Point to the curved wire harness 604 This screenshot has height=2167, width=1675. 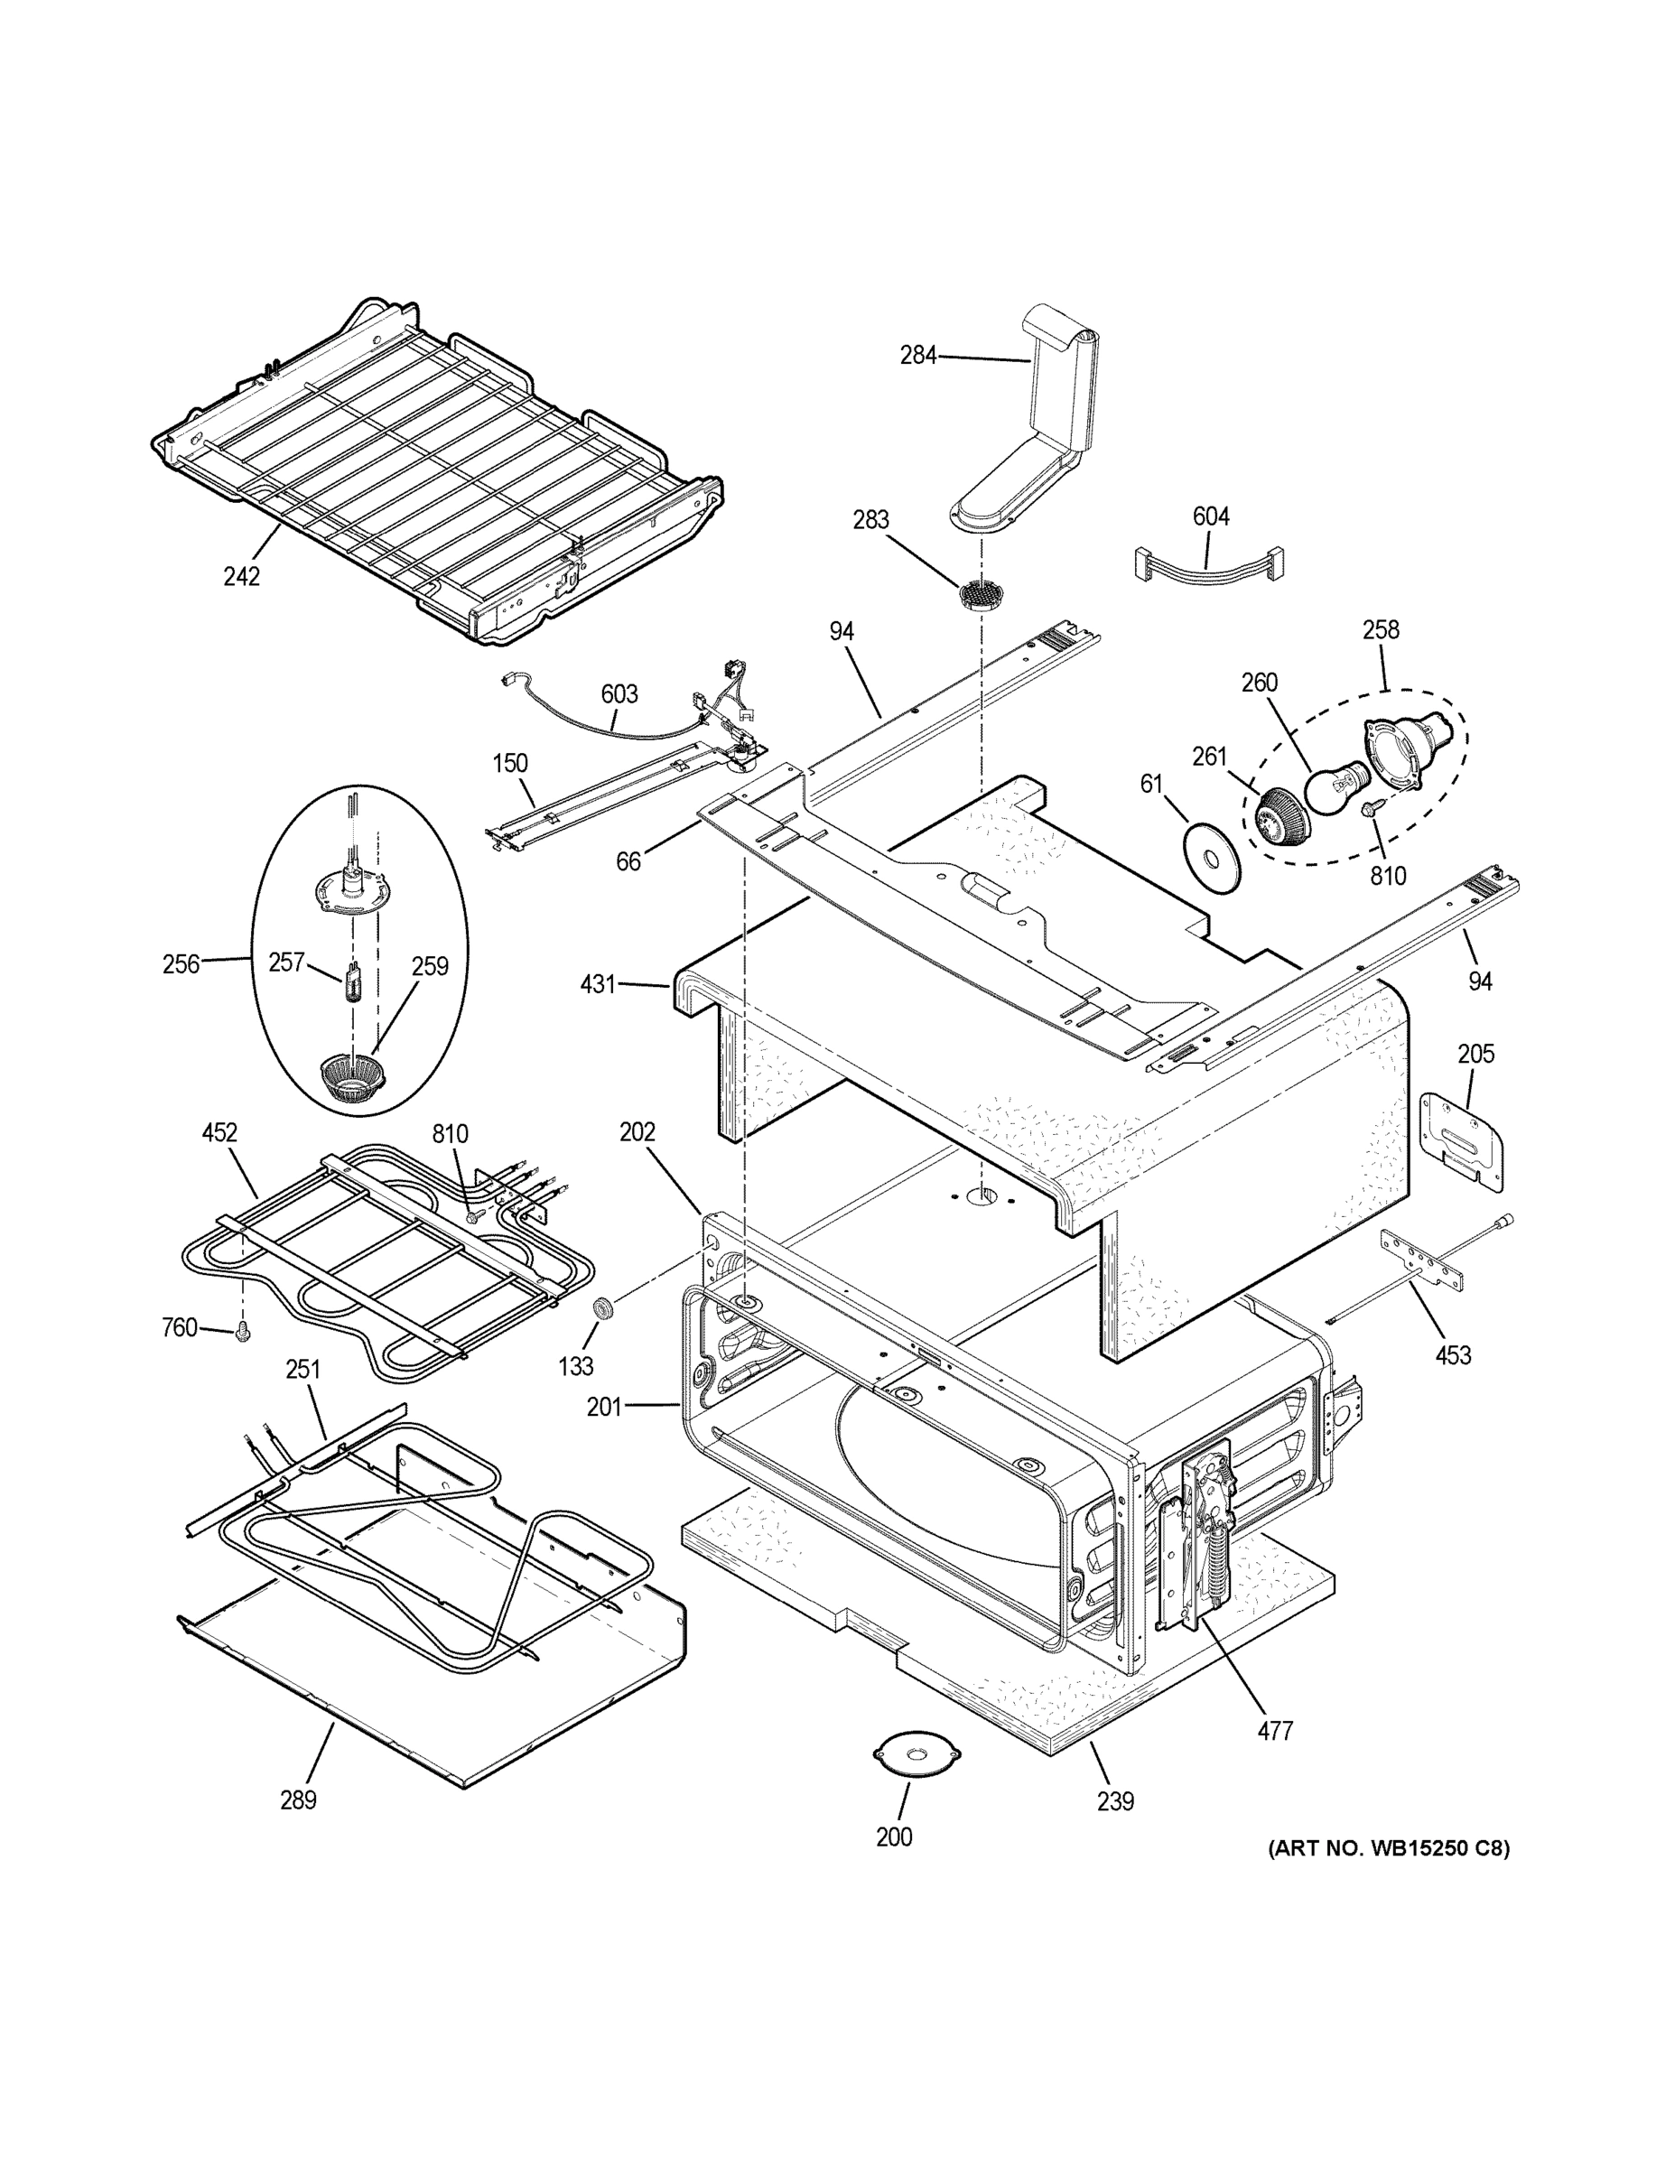1206,564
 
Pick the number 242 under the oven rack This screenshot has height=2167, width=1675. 241,575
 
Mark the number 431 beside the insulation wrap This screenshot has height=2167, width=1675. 599,984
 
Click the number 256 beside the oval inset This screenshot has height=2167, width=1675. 181,963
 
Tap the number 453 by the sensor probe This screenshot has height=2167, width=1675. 1453,1354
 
